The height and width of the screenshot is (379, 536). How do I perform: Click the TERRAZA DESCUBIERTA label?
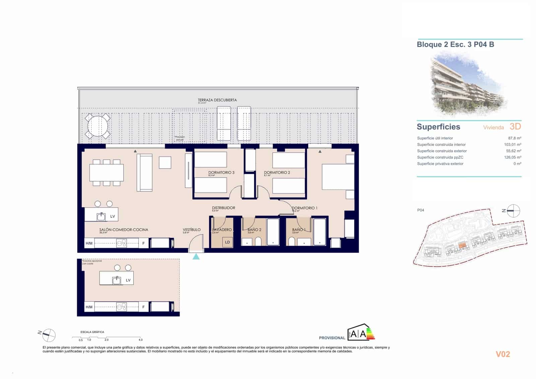click(217, 100)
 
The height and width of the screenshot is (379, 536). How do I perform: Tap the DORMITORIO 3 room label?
click(221, 173)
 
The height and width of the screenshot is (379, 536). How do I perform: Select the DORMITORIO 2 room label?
click(277, 173)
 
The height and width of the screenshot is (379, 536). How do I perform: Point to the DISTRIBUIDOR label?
click(223, 208)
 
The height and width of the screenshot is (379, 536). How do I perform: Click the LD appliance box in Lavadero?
click(227, 242)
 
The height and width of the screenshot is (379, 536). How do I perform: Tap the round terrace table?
click(97, 126)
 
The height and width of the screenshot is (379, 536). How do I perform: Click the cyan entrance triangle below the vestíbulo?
click(196, 257)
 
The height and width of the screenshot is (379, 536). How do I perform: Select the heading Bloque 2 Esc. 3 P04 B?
click(455, 45)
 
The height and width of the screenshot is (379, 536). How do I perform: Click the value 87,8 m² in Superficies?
click(514, 138)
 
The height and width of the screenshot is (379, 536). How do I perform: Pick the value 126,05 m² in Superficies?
click(512, 157)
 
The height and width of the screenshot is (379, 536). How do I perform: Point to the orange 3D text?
click(515, 126)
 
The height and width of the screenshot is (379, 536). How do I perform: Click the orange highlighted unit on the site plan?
click(462, 246)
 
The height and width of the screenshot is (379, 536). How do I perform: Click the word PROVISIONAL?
click(332, 338)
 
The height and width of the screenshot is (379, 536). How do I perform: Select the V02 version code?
click(503, 354)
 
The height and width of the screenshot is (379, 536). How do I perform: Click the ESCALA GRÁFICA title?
click(92, 332)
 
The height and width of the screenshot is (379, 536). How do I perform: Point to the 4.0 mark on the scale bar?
click(141, 340)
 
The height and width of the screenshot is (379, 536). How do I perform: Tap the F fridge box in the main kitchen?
click(143, 243)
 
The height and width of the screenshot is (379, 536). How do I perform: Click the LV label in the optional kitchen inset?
click(128, 280)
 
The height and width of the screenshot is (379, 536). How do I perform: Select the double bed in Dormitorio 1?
click(338, 177)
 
